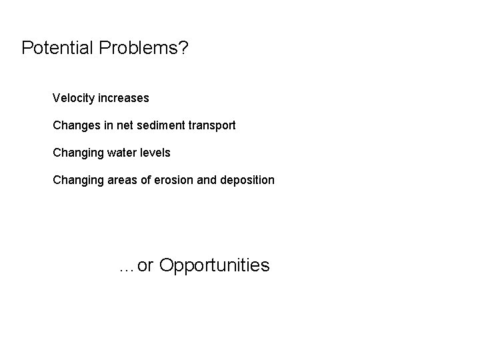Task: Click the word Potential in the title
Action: (58, 47)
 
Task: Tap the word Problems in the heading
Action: (138, 49)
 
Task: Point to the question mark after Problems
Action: (183, 47)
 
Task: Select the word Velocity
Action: (73, 99)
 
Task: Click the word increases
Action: (123, 99)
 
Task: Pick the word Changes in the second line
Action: (76, 126)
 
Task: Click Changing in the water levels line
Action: (78, 153)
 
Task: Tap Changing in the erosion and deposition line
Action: (78, 181)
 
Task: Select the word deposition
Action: (247, 181)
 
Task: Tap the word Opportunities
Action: (215, 266)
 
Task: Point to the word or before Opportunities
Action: (146, 266)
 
